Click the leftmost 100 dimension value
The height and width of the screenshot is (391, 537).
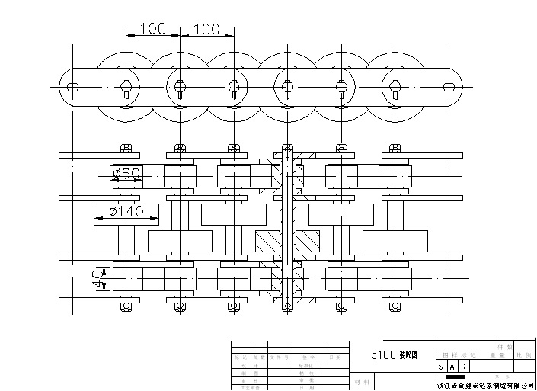point(152,29)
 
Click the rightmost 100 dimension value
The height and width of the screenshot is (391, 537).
point(206,29)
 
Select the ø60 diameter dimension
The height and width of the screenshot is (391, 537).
point(126,175)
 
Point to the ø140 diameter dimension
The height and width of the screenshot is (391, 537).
point(126,211)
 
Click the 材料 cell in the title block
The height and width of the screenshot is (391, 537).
point(363,381)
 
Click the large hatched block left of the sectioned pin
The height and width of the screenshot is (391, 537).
point(267,241)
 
